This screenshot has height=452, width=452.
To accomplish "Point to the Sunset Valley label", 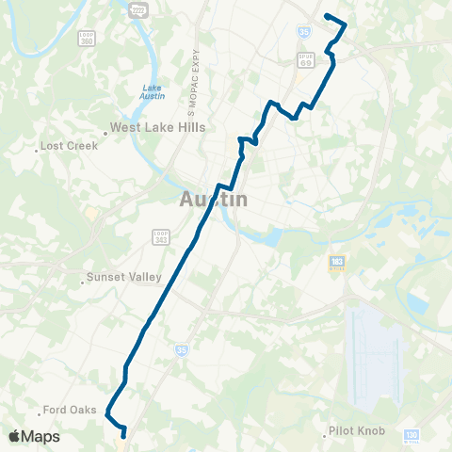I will (123, 277).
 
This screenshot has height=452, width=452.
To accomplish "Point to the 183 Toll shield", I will (336, 262).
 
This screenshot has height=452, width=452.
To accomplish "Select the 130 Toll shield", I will (411, 435).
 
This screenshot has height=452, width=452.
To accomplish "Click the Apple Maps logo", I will (34, 436).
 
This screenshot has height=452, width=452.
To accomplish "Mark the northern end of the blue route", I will (326, 16).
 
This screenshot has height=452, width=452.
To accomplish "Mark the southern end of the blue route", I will (123, 435).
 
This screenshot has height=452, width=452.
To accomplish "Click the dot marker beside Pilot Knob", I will (322, 431).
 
